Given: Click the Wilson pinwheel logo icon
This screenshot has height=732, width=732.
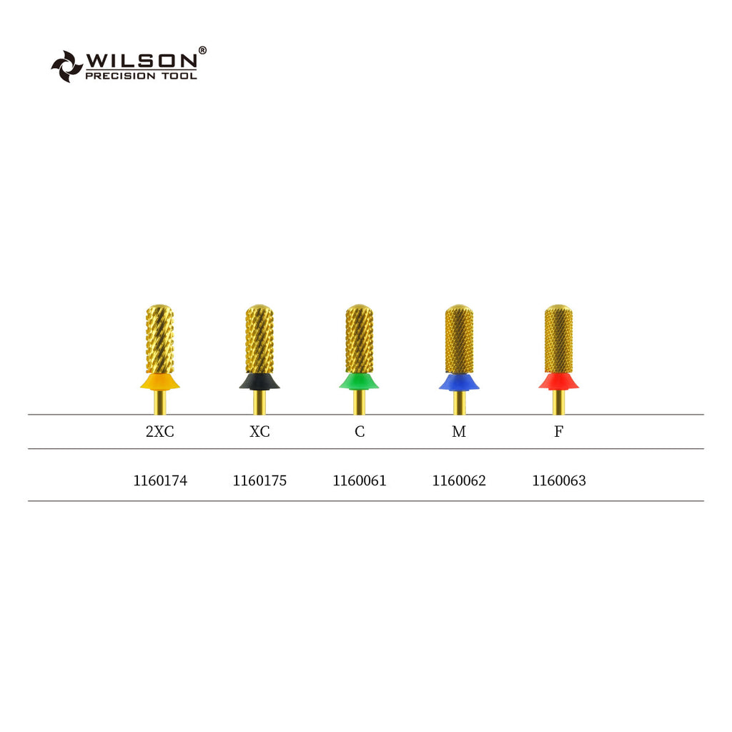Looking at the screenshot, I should pos(66,66).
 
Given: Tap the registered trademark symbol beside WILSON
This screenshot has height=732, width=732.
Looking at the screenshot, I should pos(202,50).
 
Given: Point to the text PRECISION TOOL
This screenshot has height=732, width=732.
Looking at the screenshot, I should pos(141,76).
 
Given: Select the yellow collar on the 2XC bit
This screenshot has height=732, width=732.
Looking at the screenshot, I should pos(159,382).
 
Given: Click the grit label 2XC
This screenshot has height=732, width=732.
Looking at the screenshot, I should pos(159,432).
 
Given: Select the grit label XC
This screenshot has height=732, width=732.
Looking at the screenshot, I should pos(259,432).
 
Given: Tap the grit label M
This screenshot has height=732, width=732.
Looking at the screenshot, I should pos(459,432).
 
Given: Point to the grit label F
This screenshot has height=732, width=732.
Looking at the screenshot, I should pos(558,432).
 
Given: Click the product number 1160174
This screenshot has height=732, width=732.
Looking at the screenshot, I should pos(160,481).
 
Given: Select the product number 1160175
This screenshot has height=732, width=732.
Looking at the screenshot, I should pos(259,481).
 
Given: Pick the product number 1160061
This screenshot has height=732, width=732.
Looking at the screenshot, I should pos(359,481).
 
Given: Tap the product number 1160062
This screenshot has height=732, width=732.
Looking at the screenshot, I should pos(459,481).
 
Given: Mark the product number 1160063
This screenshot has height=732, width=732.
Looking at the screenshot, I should pos(558,481).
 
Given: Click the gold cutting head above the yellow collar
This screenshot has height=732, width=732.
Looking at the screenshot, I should pos(159,337).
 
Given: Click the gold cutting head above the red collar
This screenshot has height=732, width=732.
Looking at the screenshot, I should pos(558,337).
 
